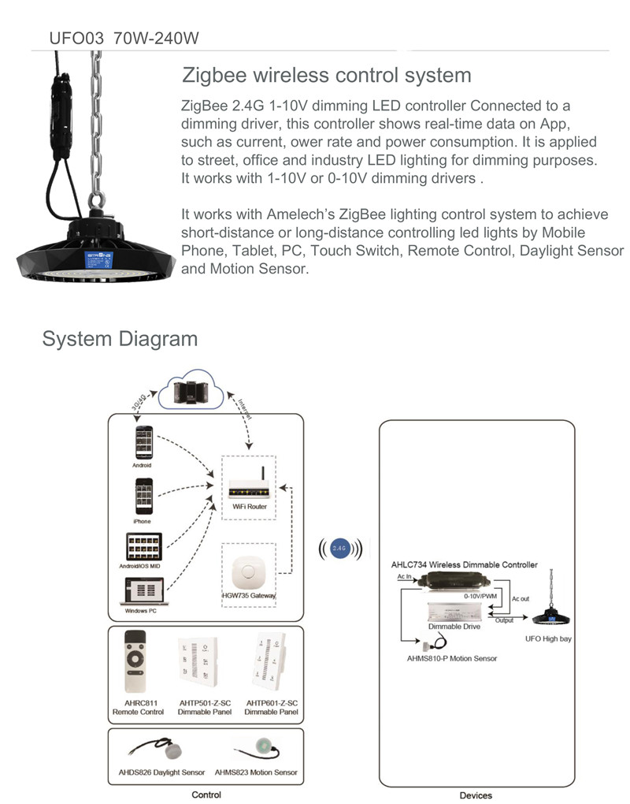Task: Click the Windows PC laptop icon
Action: tap(143, 591)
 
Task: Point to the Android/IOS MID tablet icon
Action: tap(143, 547)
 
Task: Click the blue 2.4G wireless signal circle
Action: tap(339, 546)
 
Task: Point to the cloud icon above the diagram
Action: tap(192, 391)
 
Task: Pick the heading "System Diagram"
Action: tap(120, 339)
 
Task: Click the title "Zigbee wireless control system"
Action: tap(327, 76)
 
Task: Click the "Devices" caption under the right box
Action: tap(476, 795)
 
